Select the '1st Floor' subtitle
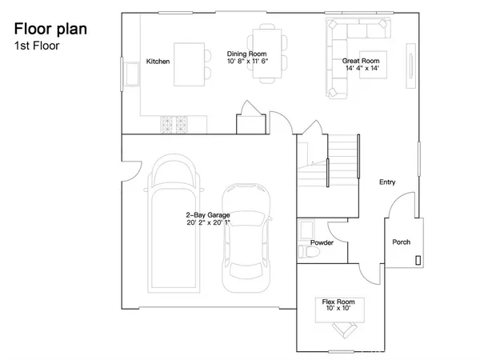tap(36, 46)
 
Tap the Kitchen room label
tap(158, 62)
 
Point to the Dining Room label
tap(247, 54)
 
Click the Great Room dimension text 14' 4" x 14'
tap(362, 69)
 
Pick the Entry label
tap(387, 182)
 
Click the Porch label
tap(401, 242)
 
